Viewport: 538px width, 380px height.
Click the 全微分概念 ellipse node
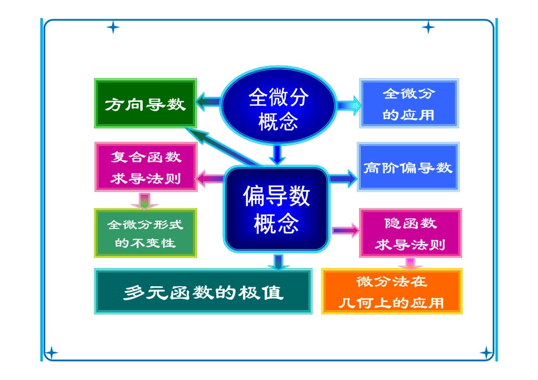[x=277, y=108]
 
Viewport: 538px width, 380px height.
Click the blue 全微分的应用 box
[x=408, y=103]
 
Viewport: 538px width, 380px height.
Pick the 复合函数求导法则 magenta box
[x=146, y=167]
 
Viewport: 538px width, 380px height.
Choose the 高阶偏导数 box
[x=408, y=167]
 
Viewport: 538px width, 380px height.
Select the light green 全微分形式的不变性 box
[x=145, y=233]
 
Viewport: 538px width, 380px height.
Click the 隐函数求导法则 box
[x=411, y=233]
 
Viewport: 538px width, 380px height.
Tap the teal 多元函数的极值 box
[x=203, y=292]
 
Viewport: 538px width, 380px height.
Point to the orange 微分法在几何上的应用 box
[x=392, y=291]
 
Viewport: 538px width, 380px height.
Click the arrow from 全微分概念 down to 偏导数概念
[x=277, y=154]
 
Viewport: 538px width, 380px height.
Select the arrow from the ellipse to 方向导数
[x=208, y=102]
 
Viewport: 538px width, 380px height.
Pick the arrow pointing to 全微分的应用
[x=348, y=105]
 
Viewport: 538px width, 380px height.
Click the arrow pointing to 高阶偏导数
[x=343, y=179]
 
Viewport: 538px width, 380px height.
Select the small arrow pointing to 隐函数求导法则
[x=345, y=230]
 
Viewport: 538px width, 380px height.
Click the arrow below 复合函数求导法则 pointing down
[x=144, y=200]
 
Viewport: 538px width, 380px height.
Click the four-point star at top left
[x=113, y=27]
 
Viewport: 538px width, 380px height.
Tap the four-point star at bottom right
[x=486, y=353]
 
